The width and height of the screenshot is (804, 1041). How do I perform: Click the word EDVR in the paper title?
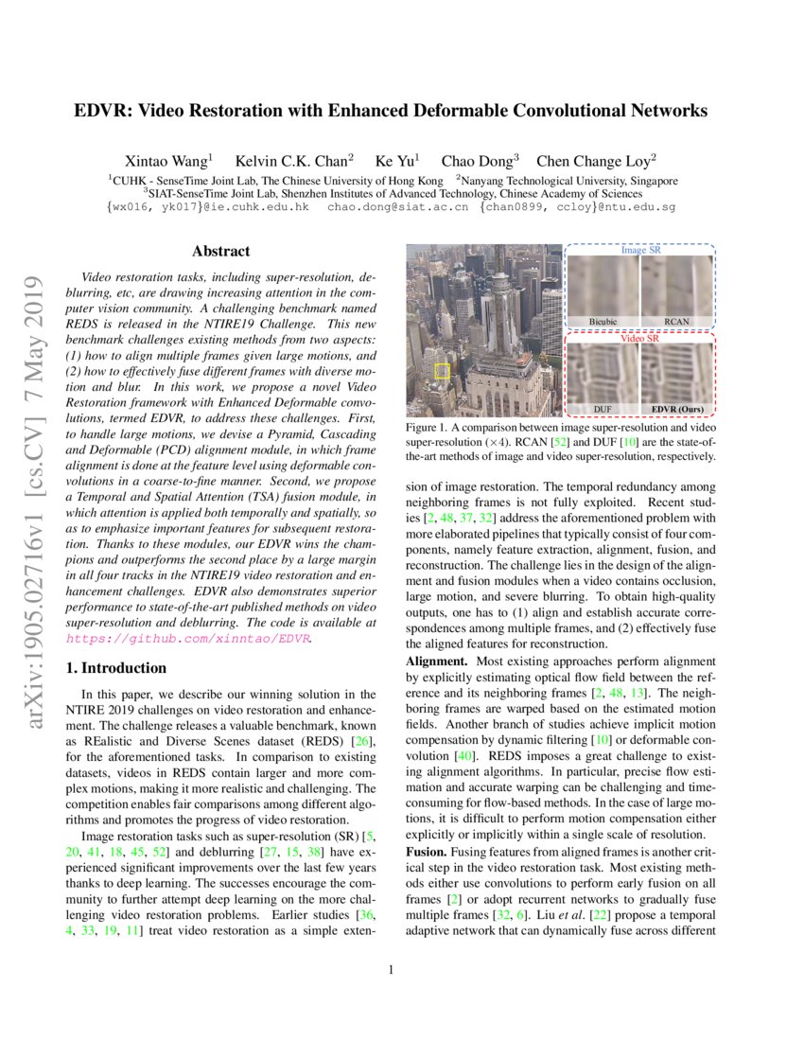100,111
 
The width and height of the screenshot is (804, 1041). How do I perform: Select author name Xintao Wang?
168,160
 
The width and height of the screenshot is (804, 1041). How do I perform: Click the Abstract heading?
220,252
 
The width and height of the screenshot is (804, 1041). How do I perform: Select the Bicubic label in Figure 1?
603,322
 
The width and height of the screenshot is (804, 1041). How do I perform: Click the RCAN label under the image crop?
676,322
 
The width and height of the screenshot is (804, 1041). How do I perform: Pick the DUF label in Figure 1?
603,410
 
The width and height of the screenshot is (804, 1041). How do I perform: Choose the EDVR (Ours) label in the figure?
677,410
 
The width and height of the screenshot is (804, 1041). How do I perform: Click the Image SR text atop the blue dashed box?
640,251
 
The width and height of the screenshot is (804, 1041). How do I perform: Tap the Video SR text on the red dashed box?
640,338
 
